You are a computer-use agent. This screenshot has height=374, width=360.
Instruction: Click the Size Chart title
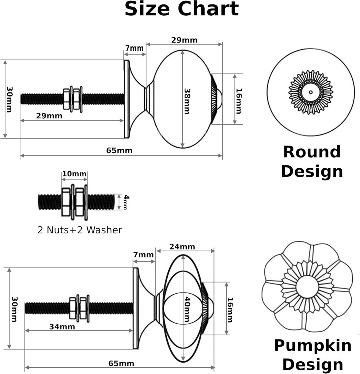pyautogui.click(x=181, y=9)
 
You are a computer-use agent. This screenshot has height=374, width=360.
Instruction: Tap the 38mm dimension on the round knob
pyautogui.click(x=186, y=101)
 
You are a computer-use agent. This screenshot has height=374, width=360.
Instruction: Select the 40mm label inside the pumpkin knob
pyautogui.click(x=187, y=309)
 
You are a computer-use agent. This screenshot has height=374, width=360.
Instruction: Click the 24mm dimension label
pyautogui.click(x=182, y=247)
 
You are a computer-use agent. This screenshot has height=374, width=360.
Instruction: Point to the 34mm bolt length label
pyautogui.click(x=62, y=327)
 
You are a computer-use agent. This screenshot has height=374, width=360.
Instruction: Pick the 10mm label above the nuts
pyautogui.click(x=74, y=173)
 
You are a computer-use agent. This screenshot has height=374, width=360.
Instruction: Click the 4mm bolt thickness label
pyautogui.click(x=126, y=202)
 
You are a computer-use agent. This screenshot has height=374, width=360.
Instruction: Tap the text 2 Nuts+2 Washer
pyautogui.click(x=80, y=230)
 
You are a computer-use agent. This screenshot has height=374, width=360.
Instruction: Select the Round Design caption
pyautogui.click(x=312, y=161)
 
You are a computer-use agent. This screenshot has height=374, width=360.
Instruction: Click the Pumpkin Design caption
pyautogui.click(x=312, y=354)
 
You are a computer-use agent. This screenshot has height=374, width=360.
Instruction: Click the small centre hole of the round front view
pyautogui.click(x=311, y=92)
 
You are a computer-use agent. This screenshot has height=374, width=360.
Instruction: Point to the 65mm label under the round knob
pyautogui.click(x=120, y=150)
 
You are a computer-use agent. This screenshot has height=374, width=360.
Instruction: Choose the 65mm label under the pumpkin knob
pyautogui.click(x=121, y=363)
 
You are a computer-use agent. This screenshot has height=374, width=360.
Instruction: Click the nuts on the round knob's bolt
pyautogui.click(x=72, y=98)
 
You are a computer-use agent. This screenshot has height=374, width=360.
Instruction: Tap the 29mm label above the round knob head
pyautogui.click(x=184, y=40)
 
